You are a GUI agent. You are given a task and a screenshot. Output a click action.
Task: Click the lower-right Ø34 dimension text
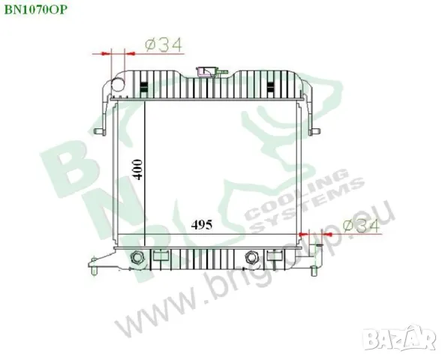[357, 226]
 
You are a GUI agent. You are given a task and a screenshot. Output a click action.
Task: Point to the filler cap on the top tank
[204, 73]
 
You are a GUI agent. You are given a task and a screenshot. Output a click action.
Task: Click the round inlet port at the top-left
[117, 85]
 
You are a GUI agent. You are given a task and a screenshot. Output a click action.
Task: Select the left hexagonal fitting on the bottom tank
[137, 259]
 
